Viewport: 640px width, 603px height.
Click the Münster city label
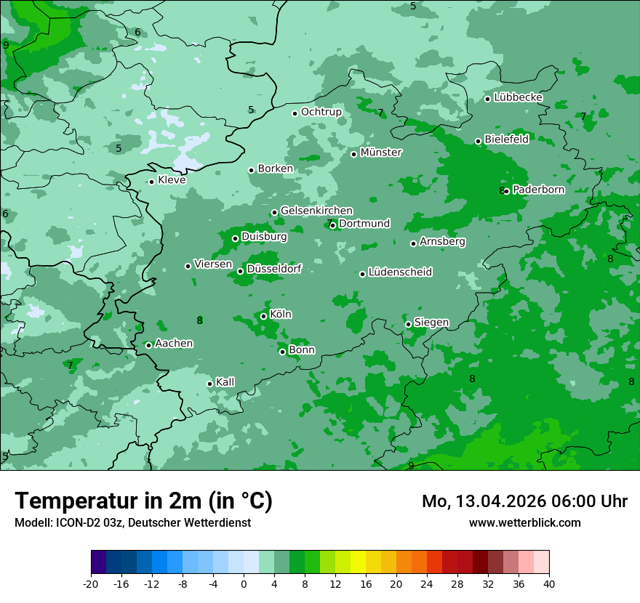point(381,153)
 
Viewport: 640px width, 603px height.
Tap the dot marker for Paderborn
point(506,191)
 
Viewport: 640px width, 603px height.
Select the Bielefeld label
point(506,139)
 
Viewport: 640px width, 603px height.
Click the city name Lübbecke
point(518,97)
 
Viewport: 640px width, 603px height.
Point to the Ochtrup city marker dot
point(295,113)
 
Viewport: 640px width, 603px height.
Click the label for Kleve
point(172,180)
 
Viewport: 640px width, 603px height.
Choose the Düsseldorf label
point(273,269)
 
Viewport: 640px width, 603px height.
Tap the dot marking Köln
point(263,316)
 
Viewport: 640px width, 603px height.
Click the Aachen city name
point(174,343)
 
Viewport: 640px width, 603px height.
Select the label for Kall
point(225,382)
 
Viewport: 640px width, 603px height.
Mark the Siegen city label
point(431,323)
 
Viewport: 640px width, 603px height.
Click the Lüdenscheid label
point(400,272)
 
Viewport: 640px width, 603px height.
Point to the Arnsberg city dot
point(413,243)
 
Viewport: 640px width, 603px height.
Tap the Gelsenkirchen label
point(316,211)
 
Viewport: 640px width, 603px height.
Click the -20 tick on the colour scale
point(91,584)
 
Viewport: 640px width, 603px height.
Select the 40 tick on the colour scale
point(548,584)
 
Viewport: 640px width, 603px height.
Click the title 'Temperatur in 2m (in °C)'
point(143,501)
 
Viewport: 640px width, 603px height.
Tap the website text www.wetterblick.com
point(524,522)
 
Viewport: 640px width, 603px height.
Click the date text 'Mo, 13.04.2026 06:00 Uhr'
point(524,501)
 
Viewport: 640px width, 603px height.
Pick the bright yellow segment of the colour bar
point(358,562)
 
